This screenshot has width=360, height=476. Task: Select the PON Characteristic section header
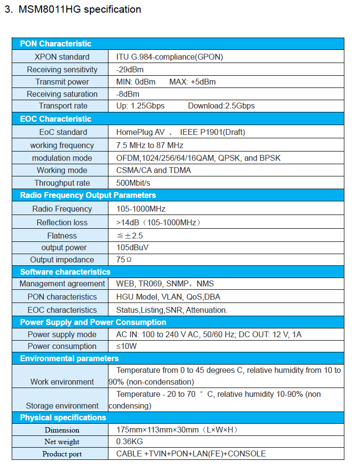pyautogui.click(x=56, y=44)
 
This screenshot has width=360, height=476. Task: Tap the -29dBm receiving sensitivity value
pyautogui.click(x=130, y=69)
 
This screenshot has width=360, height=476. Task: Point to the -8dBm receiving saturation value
pyautogui.click(x=128, y=94)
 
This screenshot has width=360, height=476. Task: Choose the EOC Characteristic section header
pyautogui.click(x=56, y=119)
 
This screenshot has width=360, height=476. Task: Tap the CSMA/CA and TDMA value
pyautogui.click(x=153, y=170)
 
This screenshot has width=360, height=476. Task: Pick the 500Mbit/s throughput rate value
pyautogui.click(x=133, y=183)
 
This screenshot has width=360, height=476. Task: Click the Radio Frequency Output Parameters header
pyautogui.click(x=88, y=195)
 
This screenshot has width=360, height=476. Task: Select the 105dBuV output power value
pyautogui.click(x=132, y=247)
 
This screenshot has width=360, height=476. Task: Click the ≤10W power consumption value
pyautogui.click(x=127, y=346)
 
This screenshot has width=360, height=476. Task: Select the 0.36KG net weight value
pyautogui.click(x=129, y=441)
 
